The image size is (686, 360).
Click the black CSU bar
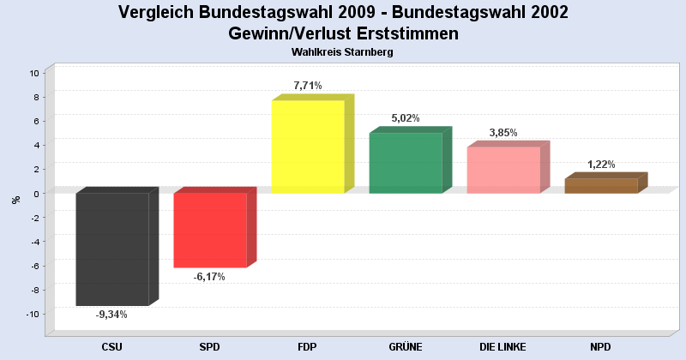point(112,249)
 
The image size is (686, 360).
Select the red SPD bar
point(210,230)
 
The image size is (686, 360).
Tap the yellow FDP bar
point(308,147)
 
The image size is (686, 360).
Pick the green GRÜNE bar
point(406,163)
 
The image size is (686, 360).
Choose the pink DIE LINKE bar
point(503,170)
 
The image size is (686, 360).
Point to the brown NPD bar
point(601,185)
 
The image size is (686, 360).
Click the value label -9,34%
point(112,315)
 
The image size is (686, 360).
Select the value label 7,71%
point(308,86)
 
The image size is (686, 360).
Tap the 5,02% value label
point(406,118)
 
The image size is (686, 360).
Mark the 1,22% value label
point(601,165)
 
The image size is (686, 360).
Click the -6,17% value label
point(210,277)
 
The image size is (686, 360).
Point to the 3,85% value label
point(503,133)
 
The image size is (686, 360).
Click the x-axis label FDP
point(308,347)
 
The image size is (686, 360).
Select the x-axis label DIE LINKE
point(503,347)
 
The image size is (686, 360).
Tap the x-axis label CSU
point(112,347)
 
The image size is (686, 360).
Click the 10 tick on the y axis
point(35,73)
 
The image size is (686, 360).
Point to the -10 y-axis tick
point(33,314)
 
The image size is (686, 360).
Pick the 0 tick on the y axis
point(38,194)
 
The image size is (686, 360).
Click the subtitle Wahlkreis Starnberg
point(342,52)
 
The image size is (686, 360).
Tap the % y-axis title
point(15,200)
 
